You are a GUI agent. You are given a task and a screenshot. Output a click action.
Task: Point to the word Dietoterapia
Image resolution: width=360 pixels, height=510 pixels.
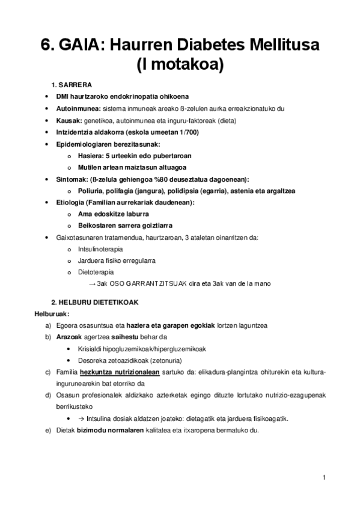[x=96, y=272]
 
